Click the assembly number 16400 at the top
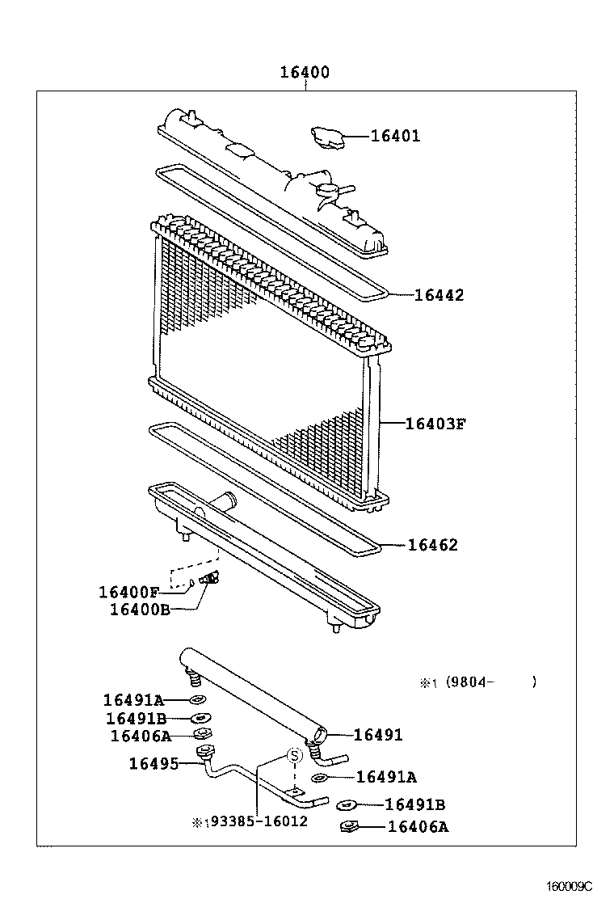[x=305, y=73]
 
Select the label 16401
[x=395, y=136]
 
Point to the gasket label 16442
[x=439, y=295]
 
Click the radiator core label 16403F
[x=435, y=423]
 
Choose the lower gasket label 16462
[x=432, y=545]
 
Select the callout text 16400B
[x=140, y=609]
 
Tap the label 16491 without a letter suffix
[x=378, y=735]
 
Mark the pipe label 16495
[x=153, y=762]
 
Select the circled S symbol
[x=295, y=755]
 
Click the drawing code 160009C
[x=570, y=886]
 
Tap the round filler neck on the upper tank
[x=327, y=191]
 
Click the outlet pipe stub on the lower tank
[x=224, y=503]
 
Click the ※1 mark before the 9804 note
[x=427, y=683]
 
